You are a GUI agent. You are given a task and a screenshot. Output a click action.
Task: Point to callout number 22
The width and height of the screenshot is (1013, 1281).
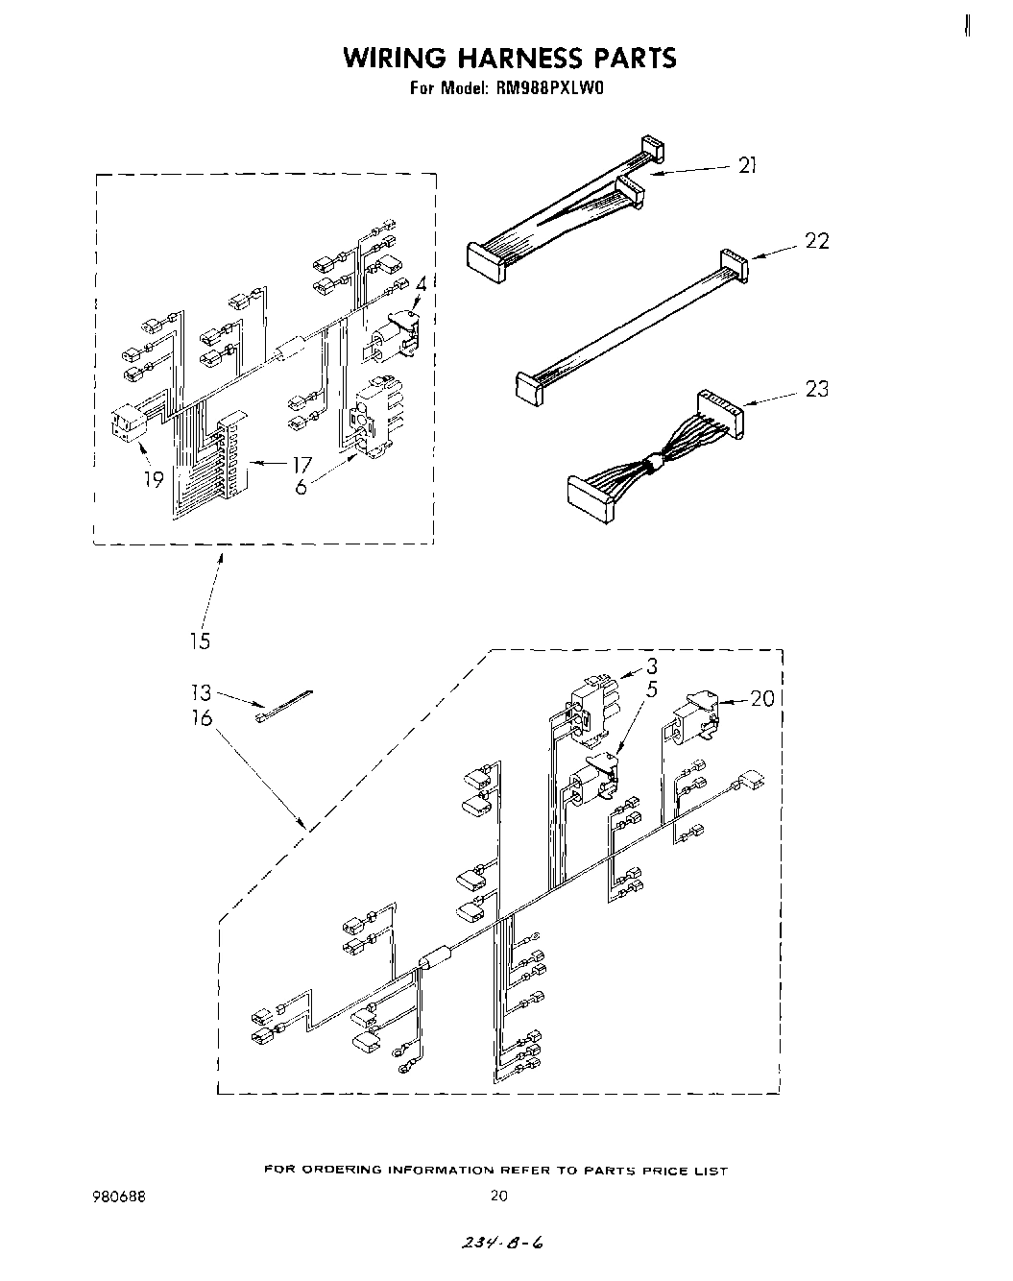tap(816, 240)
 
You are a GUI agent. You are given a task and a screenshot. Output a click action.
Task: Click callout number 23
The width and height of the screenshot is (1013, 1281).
tap(816, 389)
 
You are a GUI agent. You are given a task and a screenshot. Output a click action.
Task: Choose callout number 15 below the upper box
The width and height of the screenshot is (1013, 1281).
tap(200, 640)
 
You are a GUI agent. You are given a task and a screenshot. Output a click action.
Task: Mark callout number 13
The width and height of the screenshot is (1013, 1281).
tap(200, 692)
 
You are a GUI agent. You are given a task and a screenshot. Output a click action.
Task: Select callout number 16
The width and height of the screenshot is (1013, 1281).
tap(201, 717)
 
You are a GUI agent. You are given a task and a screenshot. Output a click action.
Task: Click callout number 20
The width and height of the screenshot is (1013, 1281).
tap(761, 698)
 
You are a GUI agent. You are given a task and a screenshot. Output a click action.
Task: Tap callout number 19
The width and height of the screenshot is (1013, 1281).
tap(155, 478)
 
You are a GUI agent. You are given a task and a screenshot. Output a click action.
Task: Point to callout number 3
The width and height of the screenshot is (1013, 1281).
tap(651, 666)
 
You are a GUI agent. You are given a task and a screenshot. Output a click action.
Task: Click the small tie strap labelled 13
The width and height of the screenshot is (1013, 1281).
tap(285, 703)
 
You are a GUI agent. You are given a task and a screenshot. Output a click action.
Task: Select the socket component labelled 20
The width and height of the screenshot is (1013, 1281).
tap(693, 719)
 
